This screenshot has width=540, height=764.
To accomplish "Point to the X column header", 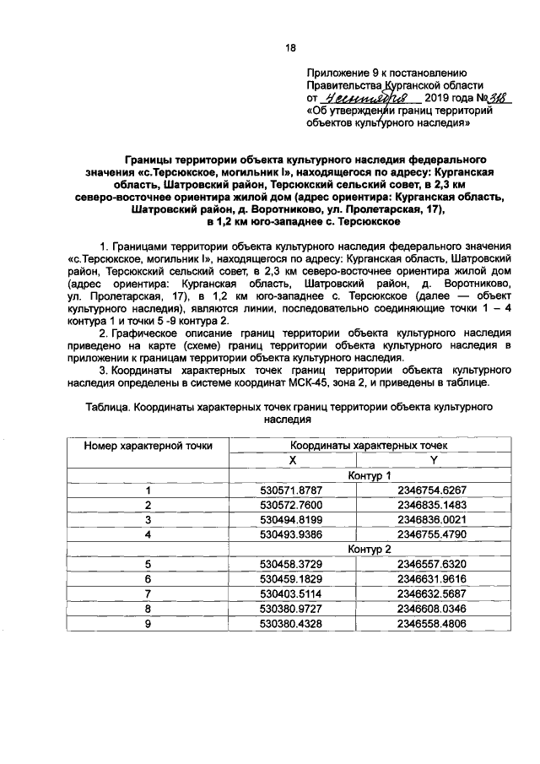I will (x=293, y=460).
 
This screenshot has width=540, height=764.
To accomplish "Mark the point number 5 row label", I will (x=148, y=565).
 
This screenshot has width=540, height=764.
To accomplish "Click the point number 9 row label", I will (x=148, y=623).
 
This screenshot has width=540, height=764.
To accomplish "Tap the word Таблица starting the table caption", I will (x=109, y=407).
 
